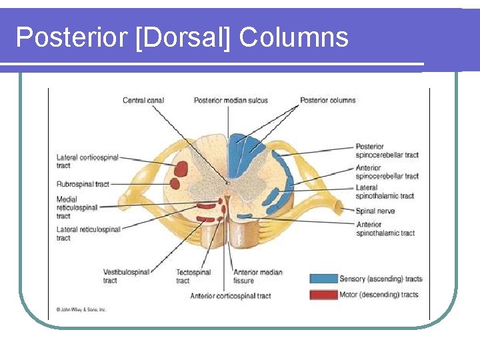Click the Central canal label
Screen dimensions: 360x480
tap(143, 101)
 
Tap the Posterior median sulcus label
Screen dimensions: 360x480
tap(231, 101)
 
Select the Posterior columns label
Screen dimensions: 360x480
tap(327, 101)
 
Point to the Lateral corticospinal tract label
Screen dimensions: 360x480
tap(87, 161)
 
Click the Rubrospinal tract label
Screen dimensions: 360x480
tap(83, 184)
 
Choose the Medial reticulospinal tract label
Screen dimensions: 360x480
tap(77, 207)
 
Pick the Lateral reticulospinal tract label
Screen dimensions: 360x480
tap(88, 233)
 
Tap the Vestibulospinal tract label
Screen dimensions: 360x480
tap(126, 276)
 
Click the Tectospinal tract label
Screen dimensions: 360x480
tap(193, 276)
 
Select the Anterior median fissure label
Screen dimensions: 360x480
tap(257, 276)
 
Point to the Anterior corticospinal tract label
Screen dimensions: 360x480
tap(231, 295)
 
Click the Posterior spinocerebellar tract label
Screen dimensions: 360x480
tap(387, 151)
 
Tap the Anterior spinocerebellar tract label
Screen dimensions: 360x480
tap(387, 172)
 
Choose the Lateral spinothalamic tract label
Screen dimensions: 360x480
tap(385, 192)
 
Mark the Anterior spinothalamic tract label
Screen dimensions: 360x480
tap(385, 229)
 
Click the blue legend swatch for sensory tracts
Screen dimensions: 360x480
tap(323, 279)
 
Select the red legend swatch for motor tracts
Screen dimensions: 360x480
tap(323, 294)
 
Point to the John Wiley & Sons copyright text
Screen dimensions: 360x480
tap(81, 309)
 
